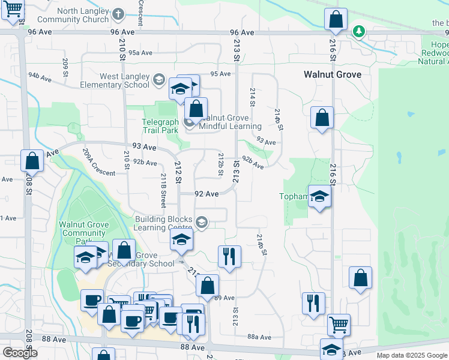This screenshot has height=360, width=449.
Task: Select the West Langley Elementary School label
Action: (116, 80)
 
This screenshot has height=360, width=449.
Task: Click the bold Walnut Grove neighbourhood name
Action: (332, 74)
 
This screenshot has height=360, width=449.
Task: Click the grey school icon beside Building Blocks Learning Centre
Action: (202, 223)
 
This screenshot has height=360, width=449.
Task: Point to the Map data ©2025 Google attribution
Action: (411, 355)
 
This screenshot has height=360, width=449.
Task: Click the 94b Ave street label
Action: (41, 76)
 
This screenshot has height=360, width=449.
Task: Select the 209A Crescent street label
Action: (99, 163)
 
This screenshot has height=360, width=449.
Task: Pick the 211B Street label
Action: (163, 190)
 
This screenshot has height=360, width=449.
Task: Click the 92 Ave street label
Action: (206, 194)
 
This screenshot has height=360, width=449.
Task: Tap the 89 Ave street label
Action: (224, 298)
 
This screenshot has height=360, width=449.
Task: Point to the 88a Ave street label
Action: (260, 338)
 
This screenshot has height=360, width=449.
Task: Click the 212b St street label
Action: (221, 161)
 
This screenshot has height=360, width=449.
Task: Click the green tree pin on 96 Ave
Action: (359, 31)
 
